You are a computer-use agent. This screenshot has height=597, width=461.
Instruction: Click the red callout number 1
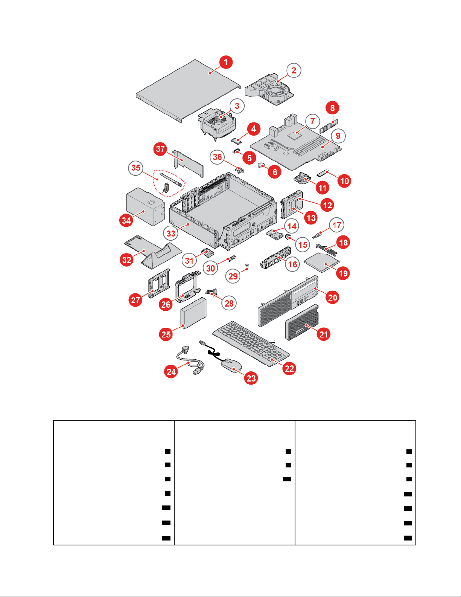tap(225, 62)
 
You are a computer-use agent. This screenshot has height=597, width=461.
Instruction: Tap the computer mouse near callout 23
tap(230, 365)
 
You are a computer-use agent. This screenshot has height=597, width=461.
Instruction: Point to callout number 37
tap(161, 149)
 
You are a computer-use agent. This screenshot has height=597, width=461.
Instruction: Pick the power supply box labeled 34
tap(145, 207)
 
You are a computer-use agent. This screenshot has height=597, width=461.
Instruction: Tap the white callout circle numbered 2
tap(294, 70)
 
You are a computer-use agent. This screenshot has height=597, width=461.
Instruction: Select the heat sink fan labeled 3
tap(218, 122)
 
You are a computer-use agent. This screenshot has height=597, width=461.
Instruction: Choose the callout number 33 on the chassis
tap(171, 234)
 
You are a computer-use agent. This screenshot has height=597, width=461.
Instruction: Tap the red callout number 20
tap(333, 298)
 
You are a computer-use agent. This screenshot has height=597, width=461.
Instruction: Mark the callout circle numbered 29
tap(233, 276)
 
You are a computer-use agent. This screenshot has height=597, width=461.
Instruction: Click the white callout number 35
tap(136, 168)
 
